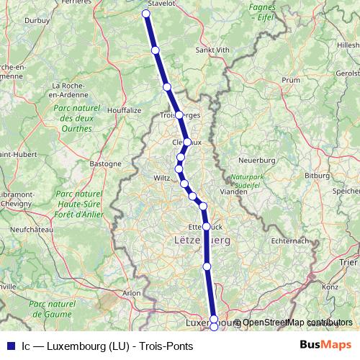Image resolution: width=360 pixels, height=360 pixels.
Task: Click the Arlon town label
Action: (x=132, y=293)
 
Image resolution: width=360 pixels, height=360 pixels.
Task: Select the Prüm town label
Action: (x=291, y=80)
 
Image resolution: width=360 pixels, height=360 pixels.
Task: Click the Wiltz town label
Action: (x=162, y=176)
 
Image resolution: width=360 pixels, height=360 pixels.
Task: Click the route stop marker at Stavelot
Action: (x=146, y=14)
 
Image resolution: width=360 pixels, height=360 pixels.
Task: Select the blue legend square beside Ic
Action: (x=9, y=346)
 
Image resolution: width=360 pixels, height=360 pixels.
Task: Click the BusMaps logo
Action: (x=326, y=346)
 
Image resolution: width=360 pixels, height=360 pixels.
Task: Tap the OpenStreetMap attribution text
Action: (x=292, y=323)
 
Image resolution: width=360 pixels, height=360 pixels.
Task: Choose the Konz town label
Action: (x=330, y=287)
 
